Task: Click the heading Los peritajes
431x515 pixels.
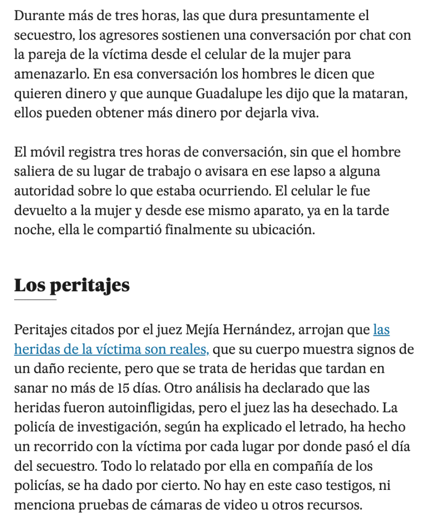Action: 71,286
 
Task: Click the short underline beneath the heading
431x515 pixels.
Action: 35,300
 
